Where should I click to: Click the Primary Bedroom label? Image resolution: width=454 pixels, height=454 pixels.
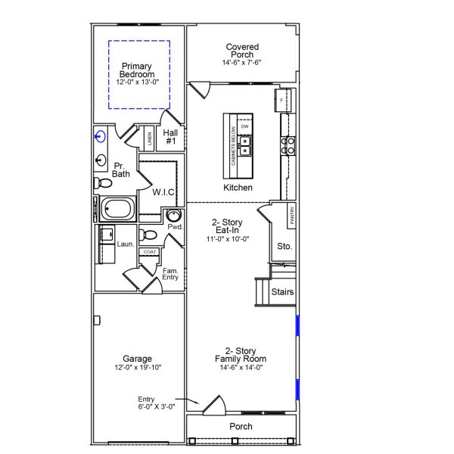[137, 70]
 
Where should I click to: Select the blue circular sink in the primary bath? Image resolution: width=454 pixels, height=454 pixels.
[101, 137]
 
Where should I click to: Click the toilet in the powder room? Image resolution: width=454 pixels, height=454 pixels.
[150, 234]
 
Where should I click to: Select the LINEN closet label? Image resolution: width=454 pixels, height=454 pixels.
[150, 138]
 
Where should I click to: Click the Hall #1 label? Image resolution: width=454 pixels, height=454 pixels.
[171, 137]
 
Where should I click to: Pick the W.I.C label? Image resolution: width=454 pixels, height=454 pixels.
[163, 192]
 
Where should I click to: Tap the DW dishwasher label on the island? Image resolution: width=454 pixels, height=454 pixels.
[244, 126]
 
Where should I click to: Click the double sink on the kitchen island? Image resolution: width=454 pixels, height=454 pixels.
[244, 142]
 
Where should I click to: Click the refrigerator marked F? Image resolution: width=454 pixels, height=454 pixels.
[282, 100]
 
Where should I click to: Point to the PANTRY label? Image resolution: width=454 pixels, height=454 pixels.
[291, 216]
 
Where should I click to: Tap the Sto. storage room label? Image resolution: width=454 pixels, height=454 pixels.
[284, 246]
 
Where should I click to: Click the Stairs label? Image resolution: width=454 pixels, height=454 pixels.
[282, 292]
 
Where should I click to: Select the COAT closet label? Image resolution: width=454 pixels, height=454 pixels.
[150, 252]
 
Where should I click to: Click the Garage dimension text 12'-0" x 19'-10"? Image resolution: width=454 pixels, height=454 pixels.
[137, 368]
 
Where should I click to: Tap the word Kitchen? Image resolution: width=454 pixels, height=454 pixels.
[238, 187]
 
